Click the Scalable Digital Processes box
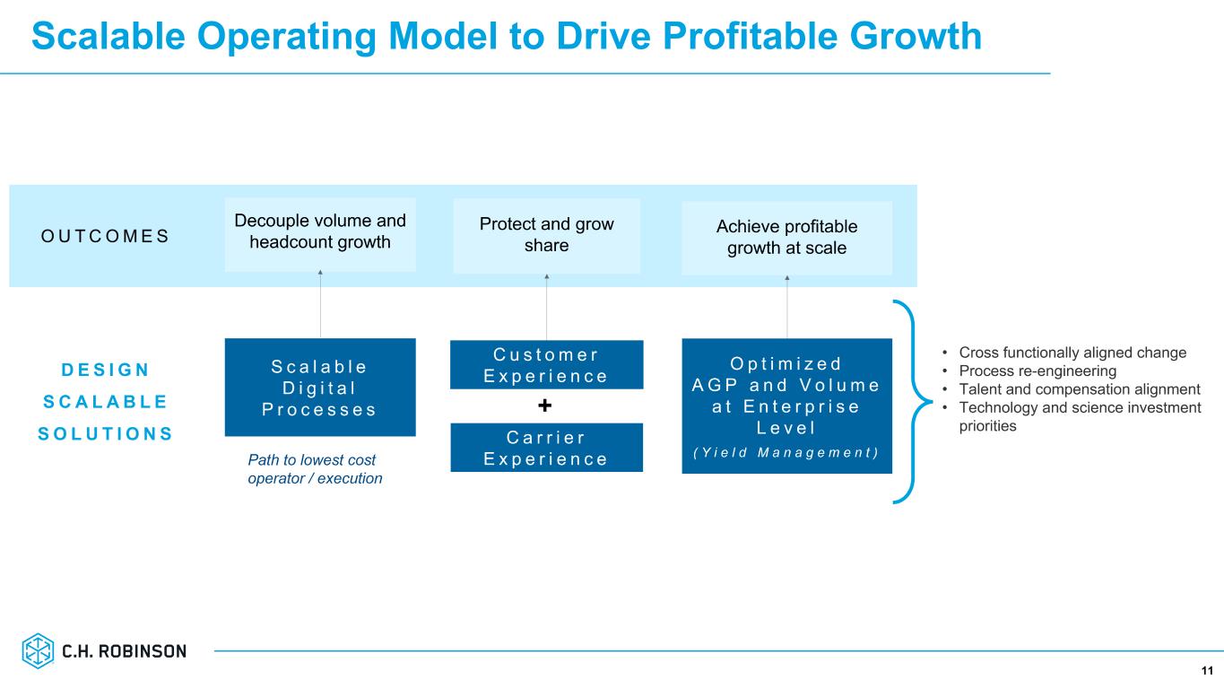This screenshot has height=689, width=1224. [319, 387]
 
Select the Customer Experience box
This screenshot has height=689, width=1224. [546, 364]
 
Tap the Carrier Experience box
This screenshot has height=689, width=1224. [546, 447]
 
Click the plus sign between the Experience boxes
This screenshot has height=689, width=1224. [544, 406]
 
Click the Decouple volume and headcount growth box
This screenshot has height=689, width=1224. [320, 231]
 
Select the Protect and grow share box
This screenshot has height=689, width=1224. [546, 235]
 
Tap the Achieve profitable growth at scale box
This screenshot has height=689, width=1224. [786, 238]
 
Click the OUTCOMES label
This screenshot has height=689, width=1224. [105, 236]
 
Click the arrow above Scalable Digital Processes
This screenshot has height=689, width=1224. [320, 303]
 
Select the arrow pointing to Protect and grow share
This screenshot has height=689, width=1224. [546, 306]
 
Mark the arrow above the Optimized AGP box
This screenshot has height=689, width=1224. [787, 307]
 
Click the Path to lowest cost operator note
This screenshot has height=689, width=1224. [315, 469]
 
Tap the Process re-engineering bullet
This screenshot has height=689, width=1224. [1037, 371]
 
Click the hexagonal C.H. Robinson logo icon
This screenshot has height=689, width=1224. [39, 650]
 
